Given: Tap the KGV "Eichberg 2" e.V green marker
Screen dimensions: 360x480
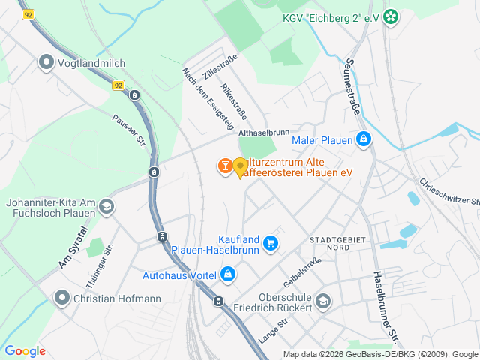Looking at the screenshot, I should point(390,16).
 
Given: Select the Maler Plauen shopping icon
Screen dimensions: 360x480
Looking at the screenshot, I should point(364,139).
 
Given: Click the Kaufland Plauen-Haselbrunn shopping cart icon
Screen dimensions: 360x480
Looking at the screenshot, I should point(271,242).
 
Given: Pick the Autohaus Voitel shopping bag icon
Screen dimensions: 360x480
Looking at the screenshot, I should point(227,274).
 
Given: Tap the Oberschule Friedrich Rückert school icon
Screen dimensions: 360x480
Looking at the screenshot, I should point(322,301).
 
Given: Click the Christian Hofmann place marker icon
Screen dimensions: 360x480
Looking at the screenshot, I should point(62,298).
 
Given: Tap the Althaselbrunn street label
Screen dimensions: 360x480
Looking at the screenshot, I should point(263,133).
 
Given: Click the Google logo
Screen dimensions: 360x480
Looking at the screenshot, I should point(25,351).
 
